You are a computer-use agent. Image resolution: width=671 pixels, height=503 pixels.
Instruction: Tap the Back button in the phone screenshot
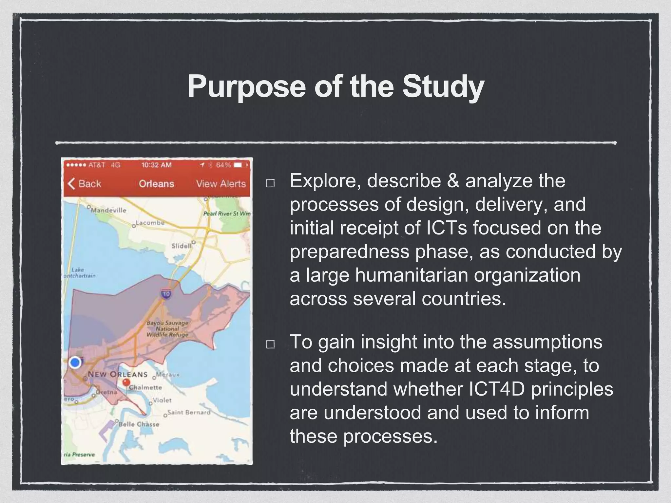pyautogui.click(x=85, y=184)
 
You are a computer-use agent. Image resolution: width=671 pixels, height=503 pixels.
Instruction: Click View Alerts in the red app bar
pyautogui.click(x=221, y=184)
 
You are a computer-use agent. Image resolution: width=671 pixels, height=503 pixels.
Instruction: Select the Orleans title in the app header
pyautogui.click(x=156, y=184)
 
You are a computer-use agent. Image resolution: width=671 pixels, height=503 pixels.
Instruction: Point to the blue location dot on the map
pyautogui.click(x=75, y=363)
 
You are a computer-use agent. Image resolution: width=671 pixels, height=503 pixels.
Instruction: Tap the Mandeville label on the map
pyautogui.click(x=108, y=210)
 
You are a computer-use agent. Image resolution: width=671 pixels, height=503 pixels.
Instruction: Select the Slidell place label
pyautogui.click(x=181, y=246)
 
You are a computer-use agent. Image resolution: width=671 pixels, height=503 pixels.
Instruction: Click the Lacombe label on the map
pyautogui.click(x=150, y=223)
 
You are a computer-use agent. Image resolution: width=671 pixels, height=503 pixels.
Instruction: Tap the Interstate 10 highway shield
pyautogui.click(x=166, y=294)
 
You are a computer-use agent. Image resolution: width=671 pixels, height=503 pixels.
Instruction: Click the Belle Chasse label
pyautogui.click(x=139, y=424)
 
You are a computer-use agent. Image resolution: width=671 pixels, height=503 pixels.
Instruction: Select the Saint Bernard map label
pyautogui.click(x=189, y=412)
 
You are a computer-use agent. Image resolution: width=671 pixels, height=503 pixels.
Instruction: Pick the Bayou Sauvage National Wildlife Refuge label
pyautogui.click(x=167, y=328)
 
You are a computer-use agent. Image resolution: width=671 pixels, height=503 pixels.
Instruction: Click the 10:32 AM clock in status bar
pyautogui.click(x=156, y=165)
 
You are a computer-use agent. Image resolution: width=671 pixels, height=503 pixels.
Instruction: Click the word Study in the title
pyautogui.click(x=443, y=87)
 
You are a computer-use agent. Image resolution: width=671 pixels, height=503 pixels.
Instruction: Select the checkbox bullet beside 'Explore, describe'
pyautogui.click(x=270, y=183)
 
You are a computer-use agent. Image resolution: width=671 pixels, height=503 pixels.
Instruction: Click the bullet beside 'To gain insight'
pyautogui.click(x=270, y=345)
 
